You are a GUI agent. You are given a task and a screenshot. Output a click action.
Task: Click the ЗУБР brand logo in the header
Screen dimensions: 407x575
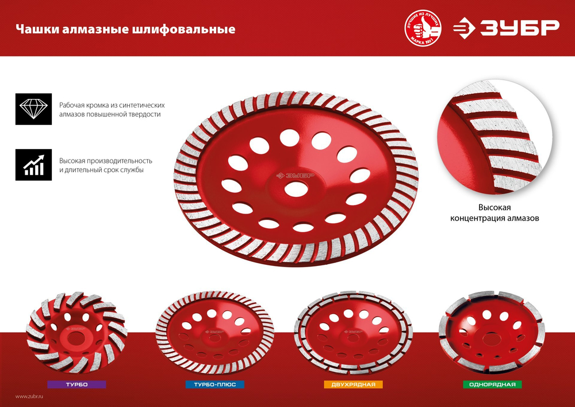505,28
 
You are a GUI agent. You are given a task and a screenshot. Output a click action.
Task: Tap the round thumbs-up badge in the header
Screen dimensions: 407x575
425,29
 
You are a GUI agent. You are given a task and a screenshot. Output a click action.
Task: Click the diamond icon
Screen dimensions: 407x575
33,109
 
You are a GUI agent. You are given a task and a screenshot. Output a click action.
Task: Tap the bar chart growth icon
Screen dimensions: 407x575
33,165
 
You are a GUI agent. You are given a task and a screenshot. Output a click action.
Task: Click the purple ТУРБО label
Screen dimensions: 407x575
77,384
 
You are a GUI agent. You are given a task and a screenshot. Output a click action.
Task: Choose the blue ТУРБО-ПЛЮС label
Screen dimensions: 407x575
215,384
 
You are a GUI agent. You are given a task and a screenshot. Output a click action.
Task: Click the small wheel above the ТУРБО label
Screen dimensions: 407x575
75,333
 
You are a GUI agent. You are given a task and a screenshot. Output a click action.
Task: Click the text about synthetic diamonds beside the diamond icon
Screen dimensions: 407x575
112,109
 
